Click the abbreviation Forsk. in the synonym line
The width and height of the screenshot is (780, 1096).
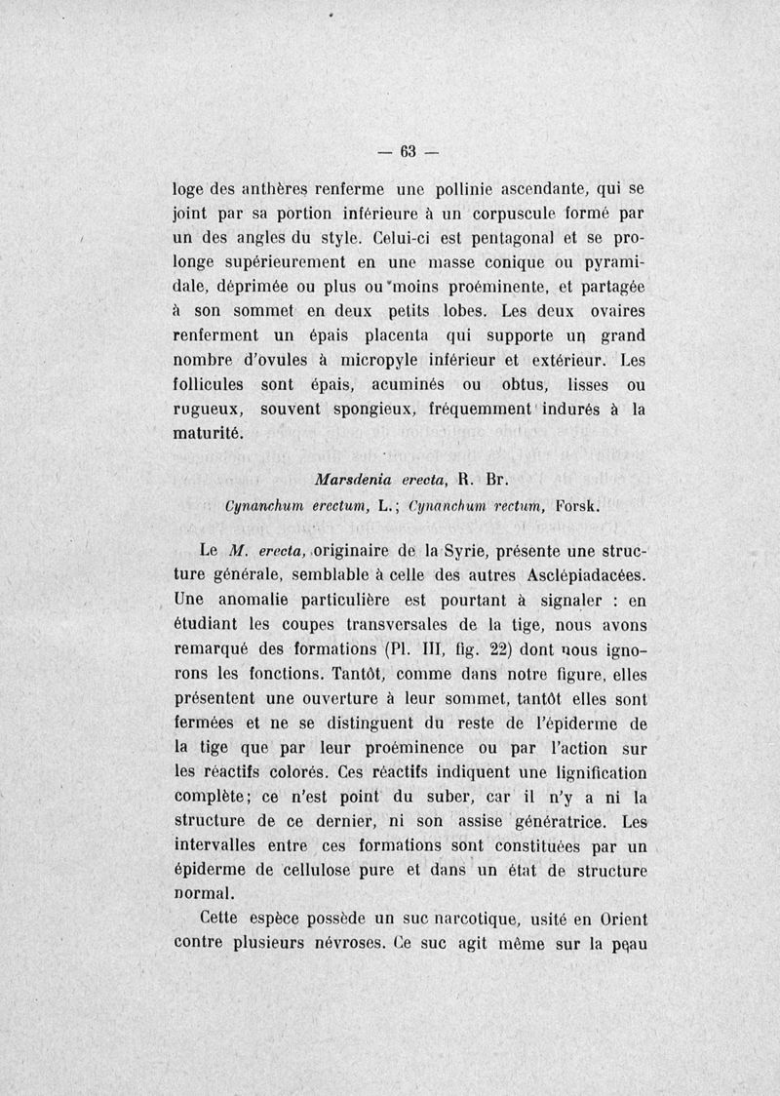click(582, 505)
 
